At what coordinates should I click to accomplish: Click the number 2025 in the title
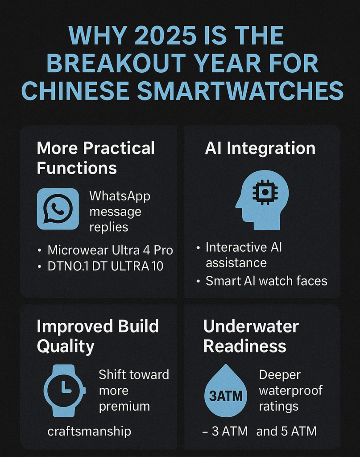(166, 36)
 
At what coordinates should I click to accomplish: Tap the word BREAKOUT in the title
(116, 63)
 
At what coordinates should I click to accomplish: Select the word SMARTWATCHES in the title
(240, 91)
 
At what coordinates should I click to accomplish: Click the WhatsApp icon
(58, 209)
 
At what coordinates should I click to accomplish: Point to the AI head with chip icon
(262, 200)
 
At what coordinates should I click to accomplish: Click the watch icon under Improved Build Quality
(65, 391)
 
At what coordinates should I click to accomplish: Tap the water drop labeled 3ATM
(226, 391)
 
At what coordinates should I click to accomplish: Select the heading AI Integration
(260, 148)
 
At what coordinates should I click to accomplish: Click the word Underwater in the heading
(251, 326)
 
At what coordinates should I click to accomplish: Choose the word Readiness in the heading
(244, 346)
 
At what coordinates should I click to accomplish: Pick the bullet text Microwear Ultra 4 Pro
(110, 250)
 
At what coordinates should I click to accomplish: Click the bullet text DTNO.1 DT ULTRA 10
(105, 266)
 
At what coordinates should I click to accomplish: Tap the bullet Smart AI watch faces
(266, 281)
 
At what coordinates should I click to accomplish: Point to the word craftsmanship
(89, 432)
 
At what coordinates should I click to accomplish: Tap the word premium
(124, 407)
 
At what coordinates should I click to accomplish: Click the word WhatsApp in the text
(120, 196)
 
